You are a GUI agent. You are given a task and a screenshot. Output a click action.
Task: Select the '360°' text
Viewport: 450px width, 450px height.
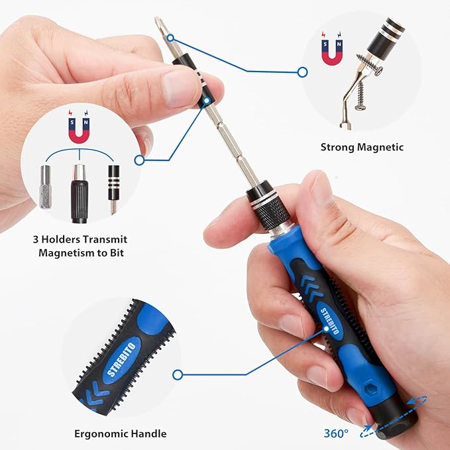[336, 433]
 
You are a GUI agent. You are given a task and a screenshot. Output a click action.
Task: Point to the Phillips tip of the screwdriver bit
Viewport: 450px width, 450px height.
[159, 25]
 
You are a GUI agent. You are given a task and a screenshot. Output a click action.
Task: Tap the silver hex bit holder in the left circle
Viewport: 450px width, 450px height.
[45, 188]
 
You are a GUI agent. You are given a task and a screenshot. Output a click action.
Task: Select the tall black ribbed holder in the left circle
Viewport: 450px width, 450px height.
[80, 194]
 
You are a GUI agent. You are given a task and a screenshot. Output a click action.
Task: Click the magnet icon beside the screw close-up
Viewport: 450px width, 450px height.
[332, 51]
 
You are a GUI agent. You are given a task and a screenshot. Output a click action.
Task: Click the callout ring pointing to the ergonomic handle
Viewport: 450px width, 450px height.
[177, 374]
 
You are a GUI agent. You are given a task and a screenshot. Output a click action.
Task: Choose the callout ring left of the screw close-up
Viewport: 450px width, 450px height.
[302, 72]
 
